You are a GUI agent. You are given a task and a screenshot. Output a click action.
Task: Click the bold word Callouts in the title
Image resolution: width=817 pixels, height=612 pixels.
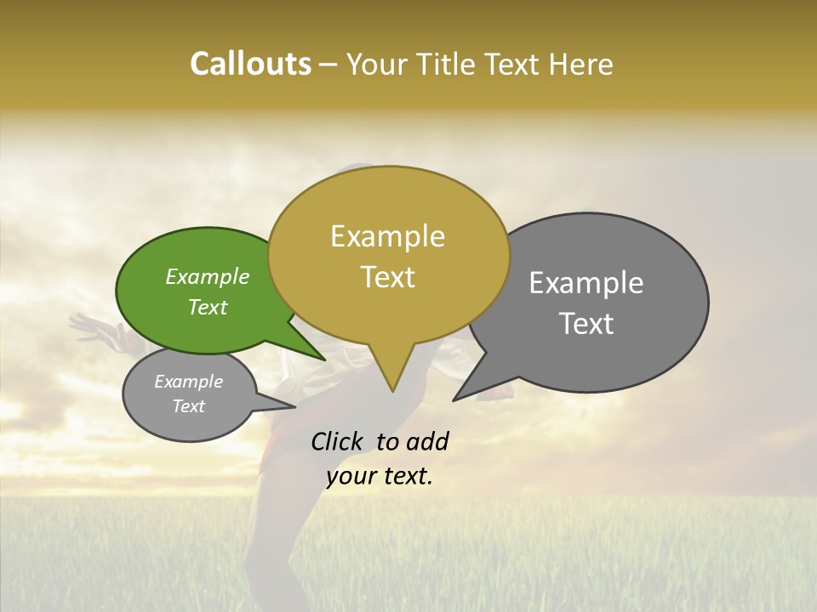pos(250,65)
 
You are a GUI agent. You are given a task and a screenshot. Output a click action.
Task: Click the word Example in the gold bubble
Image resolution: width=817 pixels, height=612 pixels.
pos(387,236)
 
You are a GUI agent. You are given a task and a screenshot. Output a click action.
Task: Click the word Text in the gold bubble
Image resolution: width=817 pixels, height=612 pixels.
pos(387,277)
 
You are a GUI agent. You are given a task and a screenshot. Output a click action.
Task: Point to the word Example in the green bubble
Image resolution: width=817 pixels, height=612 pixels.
pos(208,277)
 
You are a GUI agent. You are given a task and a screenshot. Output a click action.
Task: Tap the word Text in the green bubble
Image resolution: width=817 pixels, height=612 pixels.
pos(208,307)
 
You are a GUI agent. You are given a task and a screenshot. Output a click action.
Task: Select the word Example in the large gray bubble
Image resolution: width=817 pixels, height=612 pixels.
pos(586,283)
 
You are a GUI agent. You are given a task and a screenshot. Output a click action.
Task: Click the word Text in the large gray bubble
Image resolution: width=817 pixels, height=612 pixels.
pos(586,324)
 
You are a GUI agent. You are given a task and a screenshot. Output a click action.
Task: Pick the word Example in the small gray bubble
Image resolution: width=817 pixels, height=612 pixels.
pos(189,382)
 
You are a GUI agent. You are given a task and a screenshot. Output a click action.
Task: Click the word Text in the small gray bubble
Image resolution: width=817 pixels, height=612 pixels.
pos(189,406)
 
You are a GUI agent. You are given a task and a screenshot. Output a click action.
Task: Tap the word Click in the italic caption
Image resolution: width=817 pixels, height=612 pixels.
pos(338,441)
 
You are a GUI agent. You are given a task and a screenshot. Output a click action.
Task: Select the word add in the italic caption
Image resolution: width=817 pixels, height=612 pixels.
pos(427,441)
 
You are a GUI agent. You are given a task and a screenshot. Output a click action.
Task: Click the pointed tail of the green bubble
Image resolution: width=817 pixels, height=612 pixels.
pos(318,354)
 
